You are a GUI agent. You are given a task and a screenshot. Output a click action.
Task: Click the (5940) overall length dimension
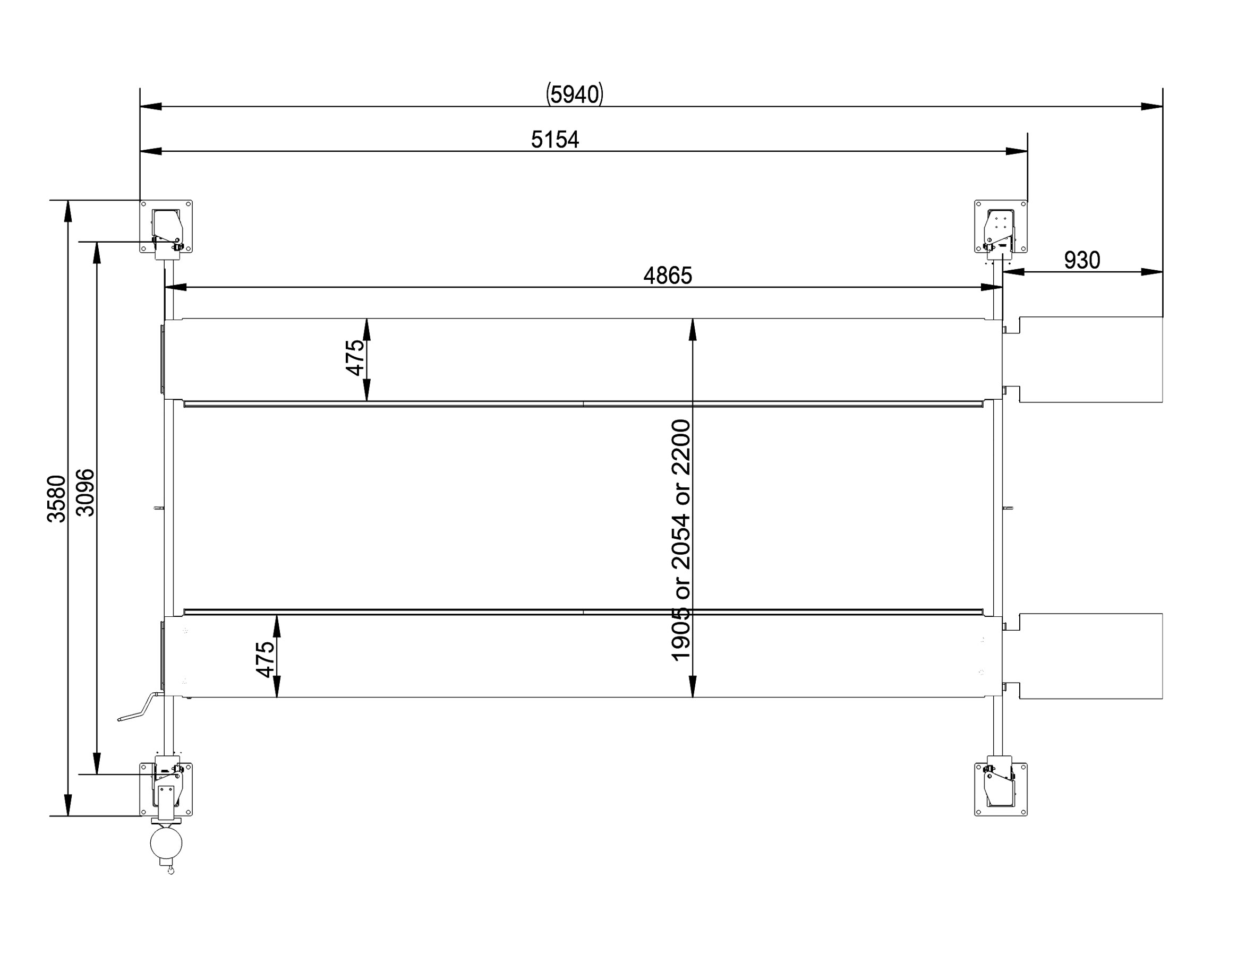(x=574, y=94)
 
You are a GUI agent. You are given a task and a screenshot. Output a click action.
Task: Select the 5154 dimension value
(x=555, y=140)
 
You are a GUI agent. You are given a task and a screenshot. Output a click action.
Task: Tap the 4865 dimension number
(x=667, y=276)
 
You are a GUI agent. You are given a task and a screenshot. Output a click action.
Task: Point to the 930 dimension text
(x=1082, y=261)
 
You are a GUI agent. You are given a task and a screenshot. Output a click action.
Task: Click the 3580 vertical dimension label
(x=56, y=498)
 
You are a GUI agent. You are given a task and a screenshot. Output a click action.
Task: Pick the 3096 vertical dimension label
(x=85, y=493)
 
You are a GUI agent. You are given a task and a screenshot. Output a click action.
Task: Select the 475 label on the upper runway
(x=355, y=357)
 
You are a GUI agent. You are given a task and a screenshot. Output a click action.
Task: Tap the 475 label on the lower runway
(x=265, y=660)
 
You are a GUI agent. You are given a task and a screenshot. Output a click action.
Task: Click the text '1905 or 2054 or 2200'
(x=681, y=540)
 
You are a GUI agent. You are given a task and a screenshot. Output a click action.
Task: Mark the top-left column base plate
(x=166, y=226)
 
